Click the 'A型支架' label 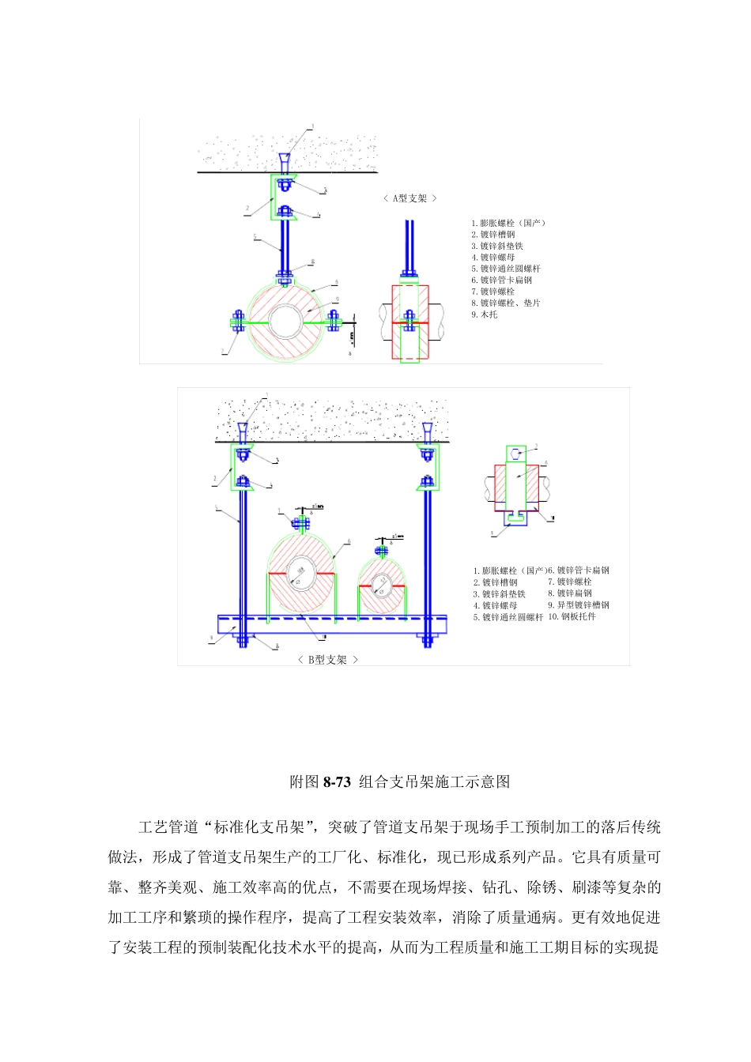click(409, 198)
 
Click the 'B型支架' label click(327, 660)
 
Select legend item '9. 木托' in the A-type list click(485, 314)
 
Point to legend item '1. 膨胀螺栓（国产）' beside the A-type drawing click(508, 223)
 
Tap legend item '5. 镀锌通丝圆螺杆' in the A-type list click(506, 269)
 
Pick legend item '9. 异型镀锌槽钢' click(579, 605)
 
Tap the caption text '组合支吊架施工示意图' click(435, 782)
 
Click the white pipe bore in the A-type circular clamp click(283, 322)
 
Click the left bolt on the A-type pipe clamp click(236, 321)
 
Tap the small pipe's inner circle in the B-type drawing click(382, 584)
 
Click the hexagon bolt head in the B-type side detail click(516, 454)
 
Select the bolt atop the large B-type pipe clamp click(300, 522)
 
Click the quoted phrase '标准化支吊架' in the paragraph click(259, 827)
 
